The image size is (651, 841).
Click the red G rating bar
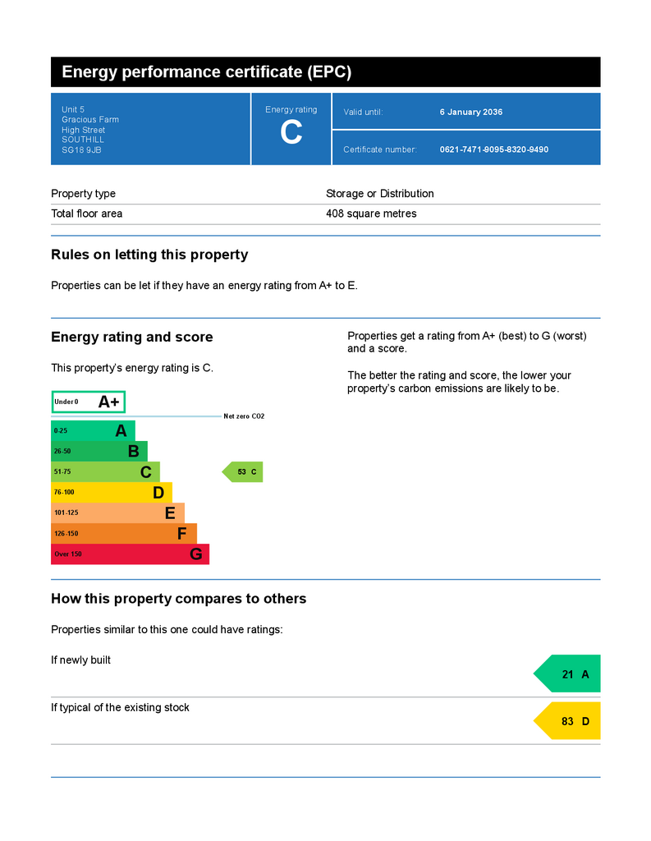[130, 554]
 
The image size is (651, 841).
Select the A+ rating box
[89, 402]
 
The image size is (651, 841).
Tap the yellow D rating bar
[111, 493]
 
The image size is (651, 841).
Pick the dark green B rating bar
[99, 451]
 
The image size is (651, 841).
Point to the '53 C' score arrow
[243, 472]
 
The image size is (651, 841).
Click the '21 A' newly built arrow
[569, 674]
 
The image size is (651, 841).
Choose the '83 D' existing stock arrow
[569, 721]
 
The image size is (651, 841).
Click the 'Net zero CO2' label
[244, 416]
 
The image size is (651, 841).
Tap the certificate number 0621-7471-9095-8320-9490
[494, 149]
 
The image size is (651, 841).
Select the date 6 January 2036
[471, 112]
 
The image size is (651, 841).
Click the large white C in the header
[291, 133]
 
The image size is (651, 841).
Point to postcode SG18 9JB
[81, 150]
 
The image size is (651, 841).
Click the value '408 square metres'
[371, 214]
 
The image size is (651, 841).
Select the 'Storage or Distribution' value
[379, 194]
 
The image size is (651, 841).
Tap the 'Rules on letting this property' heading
[149, 255]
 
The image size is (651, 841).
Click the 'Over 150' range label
[68, 554]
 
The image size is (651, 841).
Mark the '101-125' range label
[66, 513]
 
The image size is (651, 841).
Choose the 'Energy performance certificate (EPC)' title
[207, 72]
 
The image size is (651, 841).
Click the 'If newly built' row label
[80, 660]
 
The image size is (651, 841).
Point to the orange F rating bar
[123, 534]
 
